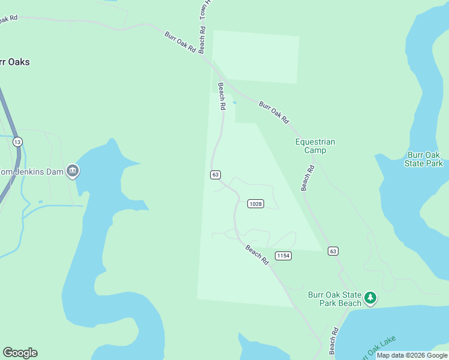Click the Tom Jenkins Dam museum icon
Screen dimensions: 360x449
73,171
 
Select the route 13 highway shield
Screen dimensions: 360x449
18,142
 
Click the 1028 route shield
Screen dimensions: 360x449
256,204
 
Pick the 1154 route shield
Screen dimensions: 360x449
283,256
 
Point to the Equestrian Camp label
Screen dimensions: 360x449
315,146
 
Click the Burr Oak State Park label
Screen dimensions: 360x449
424,159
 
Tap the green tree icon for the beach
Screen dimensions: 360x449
371,297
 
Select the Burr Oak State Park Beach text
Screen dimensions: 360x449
335,299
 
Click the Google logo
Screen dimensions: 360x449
20,353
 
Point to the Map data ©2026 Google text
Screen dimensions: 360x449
412,355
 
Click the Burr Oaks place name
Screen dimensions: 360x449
13,62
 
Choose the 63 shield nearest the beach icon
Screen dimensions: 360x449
333,251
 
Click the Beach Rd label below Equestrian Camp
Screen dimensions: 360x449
309,178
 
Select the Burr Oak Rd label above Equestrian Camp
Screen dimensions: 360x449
274,112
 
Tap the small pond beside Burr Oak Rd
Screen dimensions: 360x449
234,103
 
